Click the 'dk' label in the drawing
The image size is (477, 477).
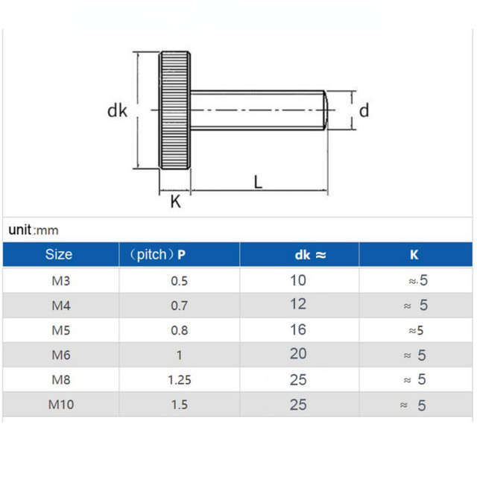click(x=117, y=111)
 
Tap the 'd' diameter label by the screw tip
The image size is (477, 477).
click(x=364, y=111)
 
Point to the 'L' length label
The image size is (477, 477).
click(x=258, y=181)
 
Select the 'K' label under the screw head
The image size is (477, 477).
click(x=176, y=201)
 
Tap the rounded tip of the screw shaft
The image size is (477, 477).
click(x=325, y=110)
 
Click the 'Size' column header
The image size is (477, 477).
click(x=59, y=254)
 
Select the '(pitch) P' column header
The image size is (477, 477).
click(x=158, y=255)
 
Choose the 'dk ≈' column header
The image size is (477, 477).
click(x=310, y=255)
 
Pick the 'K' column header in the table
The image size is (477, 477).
click(x=414, y=255)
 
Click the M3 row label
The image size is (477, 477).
click(x=60, y=281)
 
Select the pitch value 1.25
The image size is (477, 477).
click(x=179, y=379)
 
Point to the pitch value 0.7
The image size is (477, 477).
click(x=179, y=306)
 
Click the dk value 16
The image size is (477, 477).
click(x=298, y=330)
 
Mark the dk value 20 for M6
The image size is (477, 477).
click(x=298, y=355)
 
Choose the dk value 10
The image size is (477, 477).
click(x=298, y=280)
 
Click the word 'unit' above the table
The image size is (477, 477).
click(x=21, y=230)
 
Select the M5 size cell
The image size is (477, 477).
click(x=60, y=330)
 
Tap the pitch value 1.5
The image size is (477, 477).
click(x=179, y=405)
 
